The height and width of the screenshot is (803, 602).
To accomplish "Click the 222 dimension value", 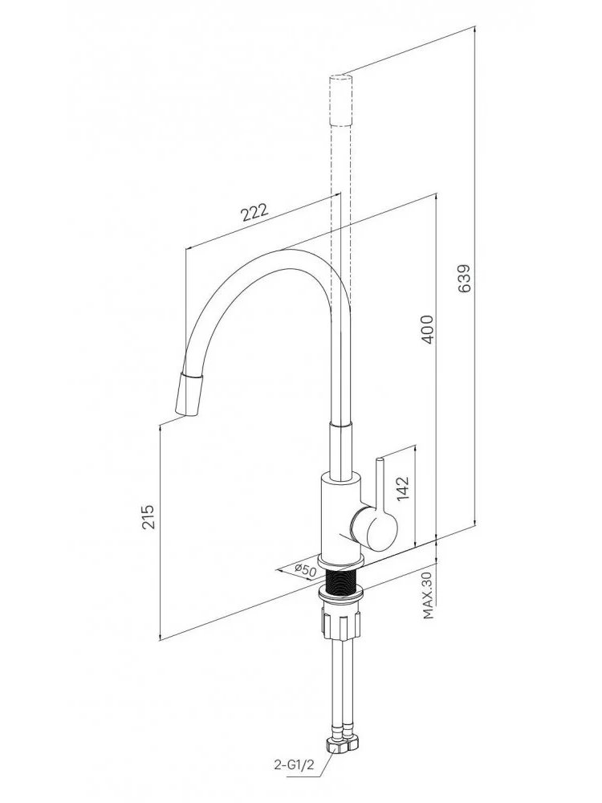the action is point(255,211).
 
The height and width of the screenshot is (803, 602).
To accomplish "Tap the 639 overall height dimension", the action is point(463,279).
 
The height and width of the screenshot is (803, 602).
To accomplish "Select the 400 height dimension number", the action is point(427,330).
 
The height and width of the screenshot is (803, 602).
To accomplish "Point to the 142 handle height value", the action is point(403,488).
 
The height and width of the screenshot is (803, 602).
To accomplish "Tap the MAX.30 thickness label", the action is point(429,596).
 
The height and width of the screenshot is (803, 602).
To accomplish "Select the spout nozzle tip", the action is point(189,394).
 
